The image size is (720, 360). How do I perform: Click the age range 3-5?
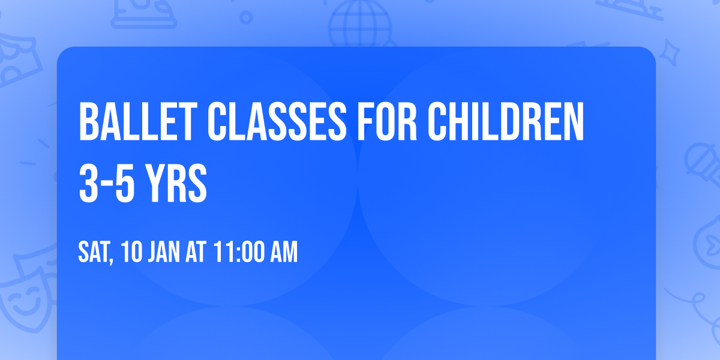point(106,183)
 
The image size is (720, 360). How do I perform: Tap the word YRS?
point(175,183)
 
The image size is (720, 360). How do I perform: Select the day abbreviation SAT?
point(94,252)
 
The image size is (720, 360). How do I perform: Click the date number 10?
point(132,252)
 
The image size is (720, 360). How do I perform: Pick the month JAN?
point(164,252)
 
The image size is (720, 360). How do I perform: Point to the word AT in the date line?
point(196,252)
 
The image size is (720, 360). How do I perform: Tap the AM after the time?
point(284,252)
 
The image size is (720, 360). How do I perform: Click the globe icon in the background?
point(360,23)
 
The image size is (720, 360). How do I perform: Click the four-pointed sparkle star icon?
point(669,53)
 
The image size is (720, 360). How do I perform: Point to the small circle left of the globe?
point(246,17)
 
